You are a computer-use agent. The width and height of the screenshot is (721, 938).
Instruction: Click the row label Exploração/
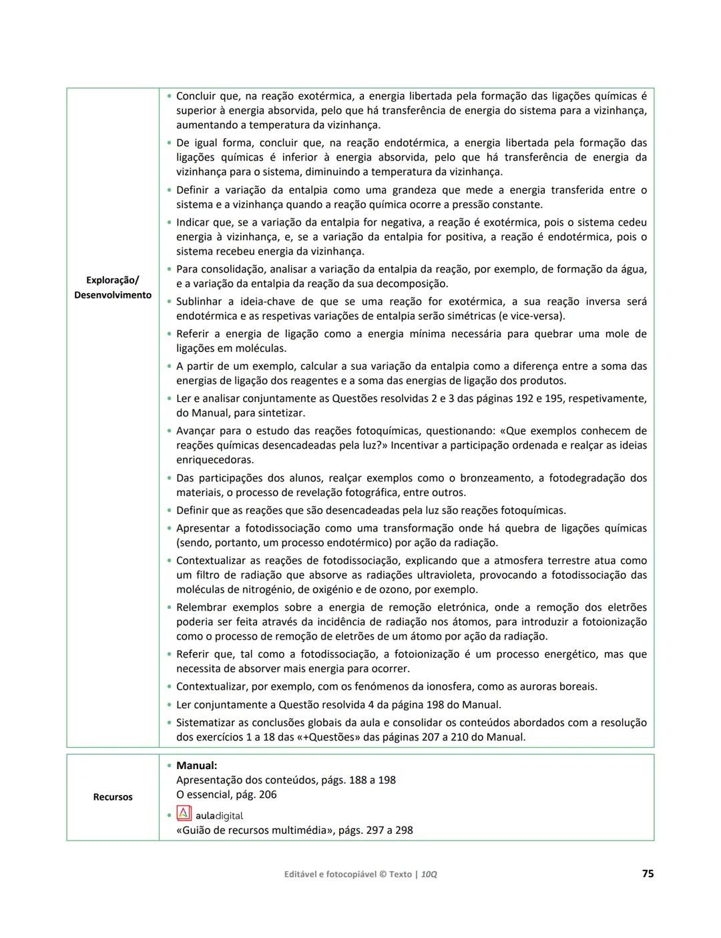[113, 280]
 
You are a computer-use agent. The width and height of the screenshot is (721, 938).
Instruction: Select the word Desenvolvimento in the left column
[113, 295]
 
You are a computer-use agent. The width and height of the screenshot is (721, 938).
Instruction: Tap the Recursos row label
[113, 797]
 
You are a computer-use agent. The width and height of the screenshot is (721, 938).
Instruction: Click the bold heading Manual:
[196, 766]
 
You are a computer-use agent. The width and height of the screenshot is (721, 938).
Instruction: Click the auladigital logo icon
[184, 814]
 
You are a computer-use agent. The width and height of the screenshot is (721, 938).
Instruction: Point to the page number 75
[647, 873]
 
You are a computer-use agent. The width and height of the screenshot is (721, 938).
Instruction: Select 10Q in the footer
[429, 874]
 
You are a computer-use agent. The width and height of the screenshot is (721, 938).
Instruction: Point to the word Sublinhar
[199, 302]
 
